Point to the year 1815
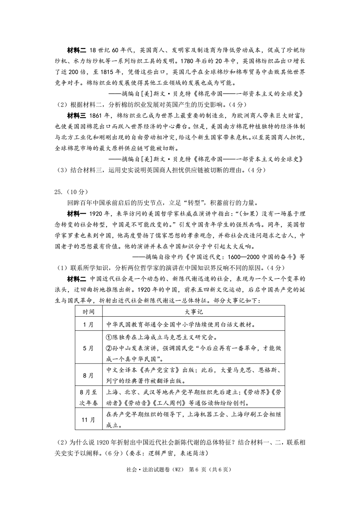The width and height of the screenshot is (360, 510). click(106, 72)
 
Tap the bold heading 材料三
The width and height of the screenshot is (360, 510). click(77, 116)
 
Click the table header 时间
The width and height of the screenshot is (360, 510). click(89, 312)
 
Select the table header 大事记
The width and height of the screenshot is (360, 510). click(194, 312)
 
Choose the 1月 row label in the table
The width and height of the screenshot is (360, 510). click(89, 325)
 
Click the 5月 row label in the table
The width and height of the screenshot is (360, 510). click(89, 348)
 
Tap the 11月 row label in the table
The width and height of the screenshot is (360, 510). click(89, 419)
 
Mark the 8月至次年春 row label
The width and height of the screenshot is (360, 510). click(89, 398)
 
